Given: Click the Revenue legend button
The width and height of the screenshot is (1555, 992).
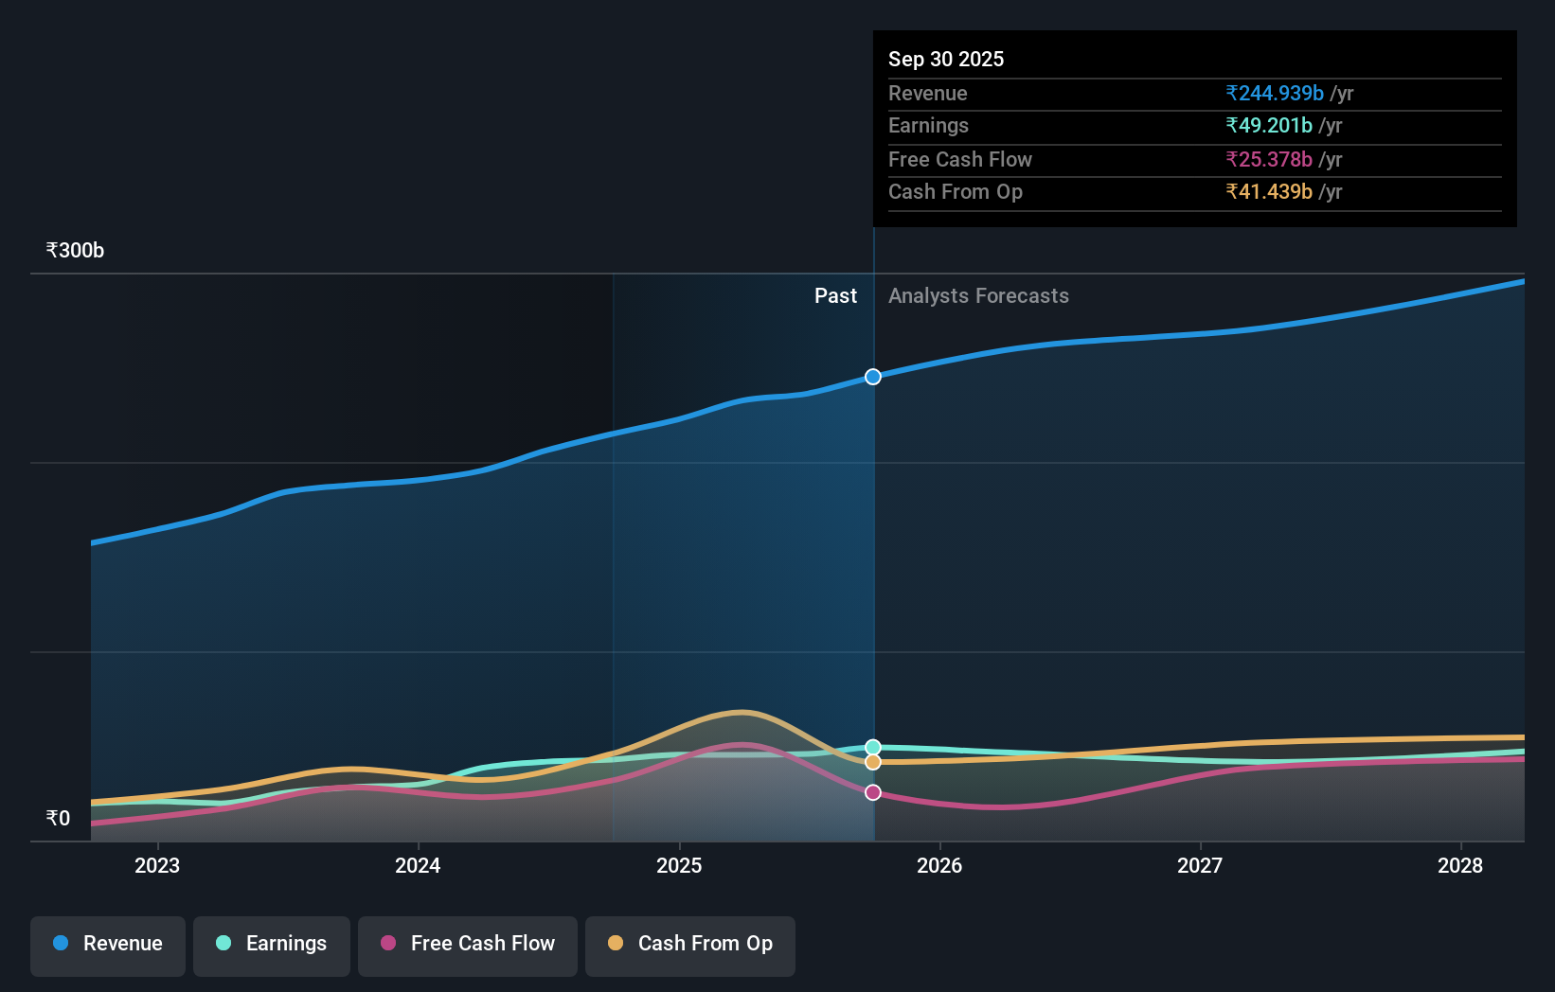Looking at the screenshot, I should tap(108, 945).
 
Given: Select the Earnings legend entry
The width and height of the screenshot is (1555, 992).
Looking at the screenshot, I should tap(272, 945).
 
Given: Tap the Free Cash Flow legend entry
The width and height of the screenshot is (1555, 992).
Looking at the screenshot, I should tap(468, 945).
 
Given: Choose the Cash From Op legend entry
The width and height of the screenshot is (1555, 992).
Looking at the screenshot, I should tap(690, 945).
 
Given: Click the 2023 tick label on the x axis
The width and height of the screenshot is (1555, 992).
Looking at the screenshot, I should tap(157, 866).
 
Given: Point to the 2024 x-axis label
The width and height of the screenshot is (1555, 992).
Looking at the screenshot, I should tap(418, 866).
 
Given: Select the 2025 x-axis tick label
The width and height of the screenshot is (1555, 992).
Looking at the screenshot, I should tap(679, 866).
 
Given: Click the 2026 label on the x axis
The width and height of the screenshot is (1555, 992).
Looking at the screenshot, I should tap(939, 866).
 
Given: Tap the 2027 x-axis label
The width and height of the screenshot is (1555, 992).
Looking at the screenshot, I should tap(1200, 866).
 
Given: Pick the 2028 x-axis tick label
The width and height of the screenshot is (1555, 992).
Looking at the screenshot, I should tap(1460, 866).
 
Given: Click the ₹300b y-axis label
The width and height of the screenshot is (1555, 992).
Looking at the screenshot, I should tap(75, 251).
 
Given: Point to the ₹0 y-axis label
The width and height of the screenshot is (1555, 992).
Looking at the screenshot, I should tap(58, 819).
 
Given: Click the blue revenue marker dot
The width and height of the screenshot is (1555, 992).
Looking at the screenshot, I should tap(873, 377).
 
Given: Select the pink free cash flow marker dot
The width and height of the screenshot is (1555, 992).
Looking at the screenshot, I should tap(873, 792).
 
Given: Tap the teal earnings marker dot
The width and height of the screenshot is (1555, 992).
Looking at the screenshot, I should tap(873, 748).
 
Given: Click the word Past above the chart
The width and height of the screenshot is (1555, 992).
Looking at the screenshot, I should tap(835, 296).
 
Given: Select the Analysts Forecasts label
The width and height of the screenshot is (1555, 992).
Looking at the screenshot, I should tap(978, 296).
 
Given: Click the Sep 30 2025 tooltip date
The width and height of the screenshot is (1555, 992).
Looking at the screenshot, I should tap(946, 60).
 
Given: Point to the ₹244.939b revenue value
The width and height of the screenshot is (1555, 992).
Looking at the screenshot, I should tap(1275, 94).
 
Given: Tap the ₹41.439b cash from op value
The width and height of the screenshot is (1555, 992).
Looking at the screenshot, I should tap(1269, 192).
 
